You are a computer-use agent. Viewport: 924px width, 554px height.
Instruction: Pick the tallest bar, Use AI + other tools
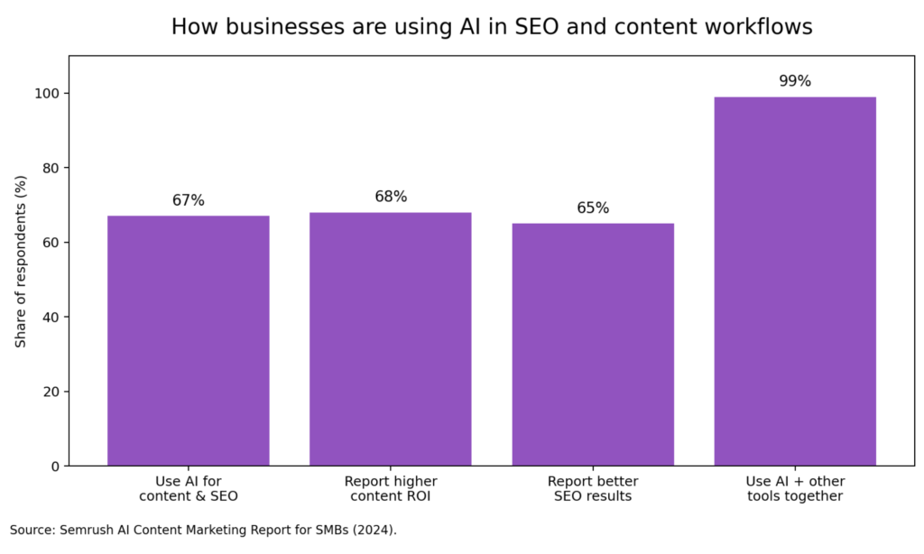[x=794, y=282]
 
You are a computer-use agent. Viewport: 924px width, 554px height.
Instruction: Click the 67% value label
[x=189, y=200]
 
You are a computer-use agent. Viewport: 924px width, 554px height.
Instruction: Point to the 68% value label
[x=391, y=197]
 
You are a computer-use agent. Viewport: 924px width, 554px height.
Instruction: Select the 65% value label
[x=593, y=208]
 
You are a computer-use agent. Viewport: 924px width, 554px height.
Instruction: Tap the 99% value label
[x=795, y=81]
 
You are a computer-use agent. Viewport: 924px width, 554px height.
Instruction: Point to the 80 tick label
[x=53, y=168]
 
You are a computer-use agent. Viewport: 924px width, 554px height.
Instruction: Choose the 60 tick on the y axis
[x=53, y=243]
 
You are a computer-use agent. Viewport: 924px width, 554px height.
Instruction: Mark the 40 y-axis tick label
[x=53, y=318]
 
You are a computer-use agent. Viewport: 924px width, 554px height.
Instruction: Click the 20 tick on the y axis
[x=53, y=392]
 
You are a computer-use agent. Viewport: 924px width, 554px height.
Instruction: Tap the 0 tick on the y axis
[x=57, y=466]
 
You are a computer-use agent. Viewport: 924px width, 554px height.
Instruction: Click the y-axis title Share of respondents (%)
[x=21, y=262]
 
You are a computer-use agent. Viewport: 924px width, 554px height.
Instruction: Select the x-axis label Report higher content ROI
[x=390, y=488]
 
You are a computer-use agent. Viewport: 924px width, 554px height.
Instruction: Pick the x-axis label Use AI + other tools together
[x=794, y=488]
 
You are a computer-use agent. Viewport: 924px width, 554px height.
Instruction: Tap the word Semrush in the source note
[x=83, y=530]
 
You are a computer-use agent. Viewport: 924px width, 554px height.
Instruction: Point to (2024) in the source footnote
[x=372, y=530]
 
